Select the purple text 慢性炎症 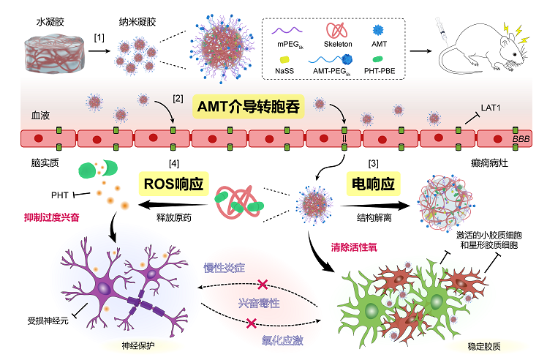point(224,268)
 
